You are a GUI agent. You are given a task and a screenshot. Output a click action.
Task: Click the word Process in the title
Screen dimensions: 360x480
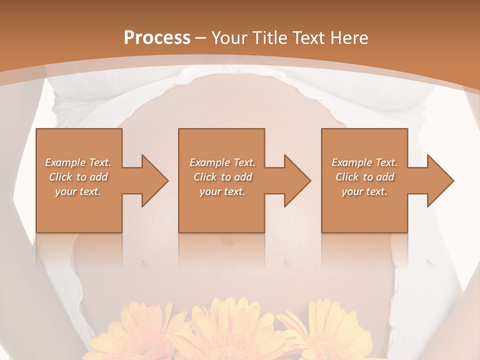click(157, 38)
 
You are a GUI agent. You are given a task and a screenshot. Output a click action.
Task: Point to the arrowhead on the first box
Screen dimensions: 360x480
click(153, 180)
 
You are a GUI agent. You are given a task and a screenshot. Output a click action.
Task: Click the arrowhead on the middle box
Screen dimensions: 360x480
click(295, 180)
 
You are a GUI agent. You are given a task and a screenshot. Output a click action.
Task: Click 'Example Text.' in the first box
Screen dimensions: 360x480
click(78, 162)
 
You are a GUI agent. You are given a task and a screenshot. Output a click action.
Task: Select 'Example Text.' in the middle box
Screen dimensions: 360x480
click(222, 162)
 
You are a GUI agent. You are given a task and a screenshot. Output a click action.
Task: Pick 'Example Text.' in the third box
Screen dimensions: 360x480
click(364, 162)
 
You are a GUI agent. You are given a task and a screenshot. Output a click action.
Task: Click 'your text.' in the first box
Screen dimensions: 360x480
click(78, 191)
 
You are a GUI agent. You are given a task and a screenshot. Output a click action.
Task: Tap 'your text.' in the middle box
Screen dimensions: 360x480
click(222, 191)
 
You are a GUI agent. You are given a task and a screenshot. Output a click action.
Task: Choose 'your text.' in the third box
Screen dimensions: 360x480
click(364, 191)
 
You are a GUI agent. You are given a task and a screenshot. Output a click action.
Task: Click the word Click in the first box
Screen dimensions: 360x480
click(60, 177)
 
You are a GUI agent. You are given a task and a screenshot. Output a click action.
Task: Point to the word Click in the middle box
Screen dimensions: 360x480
click(205, 177)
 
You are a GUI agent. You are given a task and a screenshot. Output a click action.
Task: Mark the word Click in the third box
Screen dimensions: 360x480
click(347, 177)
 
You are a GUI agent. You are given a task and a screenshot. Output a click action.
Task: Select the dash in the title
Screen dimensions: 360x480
click(201, 38)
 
